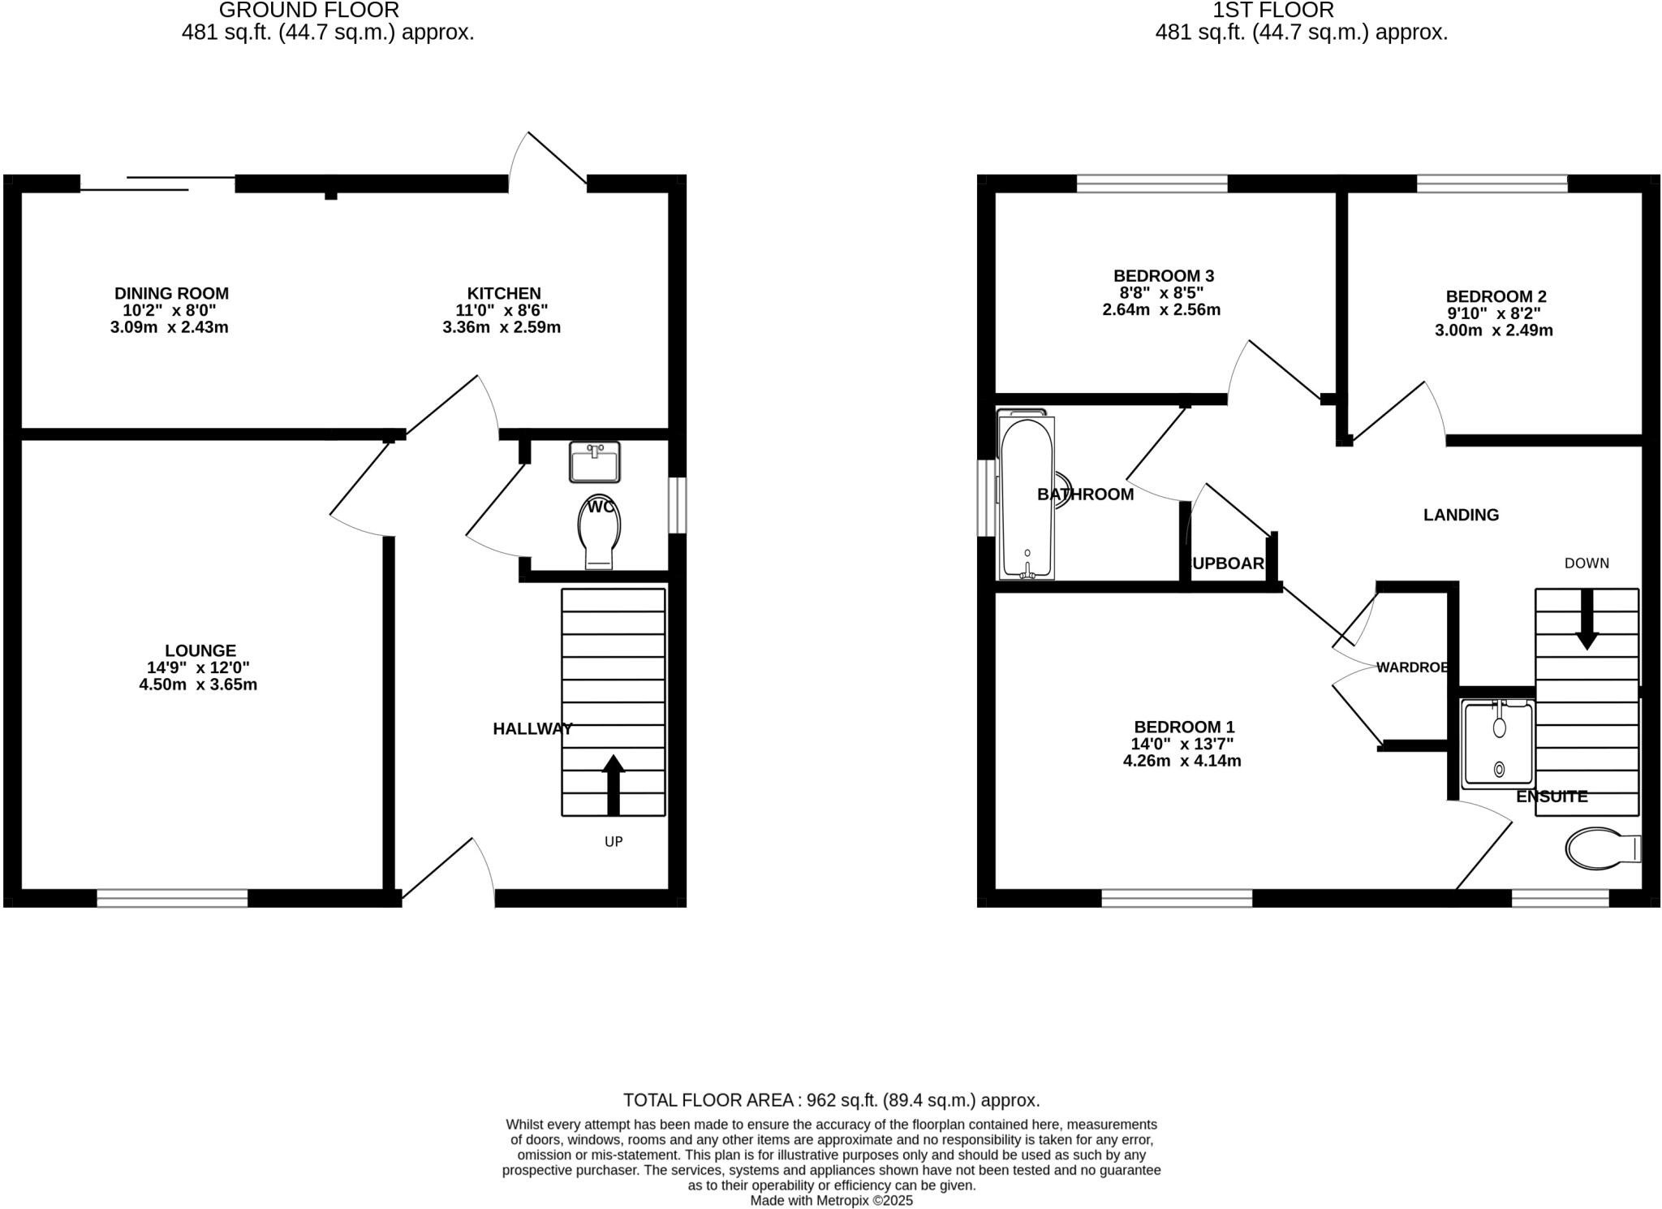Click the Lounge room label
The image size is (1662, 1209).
coord(200,650)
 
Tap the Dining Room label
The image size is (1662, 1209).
coord(171,293)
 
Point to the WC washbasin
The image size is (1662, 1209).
coord(595,462)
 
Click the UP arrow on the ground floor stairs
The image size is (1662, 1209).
coord(614,784)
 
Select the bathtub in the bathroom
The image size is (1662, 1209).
coord(1027,497)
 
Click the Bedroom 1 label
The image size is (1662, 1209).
coord(1184,727)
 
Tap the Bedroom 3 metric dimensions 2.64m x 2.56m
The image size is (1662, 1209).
coord(1161,309)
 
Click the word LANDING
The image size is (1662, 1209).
coord(1461,515)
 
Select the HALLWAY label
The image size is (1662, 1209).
coord(532,729)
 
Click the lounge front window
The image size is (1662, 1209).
coord(172,897)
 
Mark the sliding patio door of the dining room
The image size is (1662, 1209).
coord(158,184)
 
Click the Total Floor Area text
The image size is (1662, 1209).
coord(831,1100)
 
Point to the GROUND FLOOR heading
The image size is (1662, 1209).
coord(309,11)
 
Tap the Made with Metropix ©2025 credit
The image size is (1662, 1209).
coord(831,1200)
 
